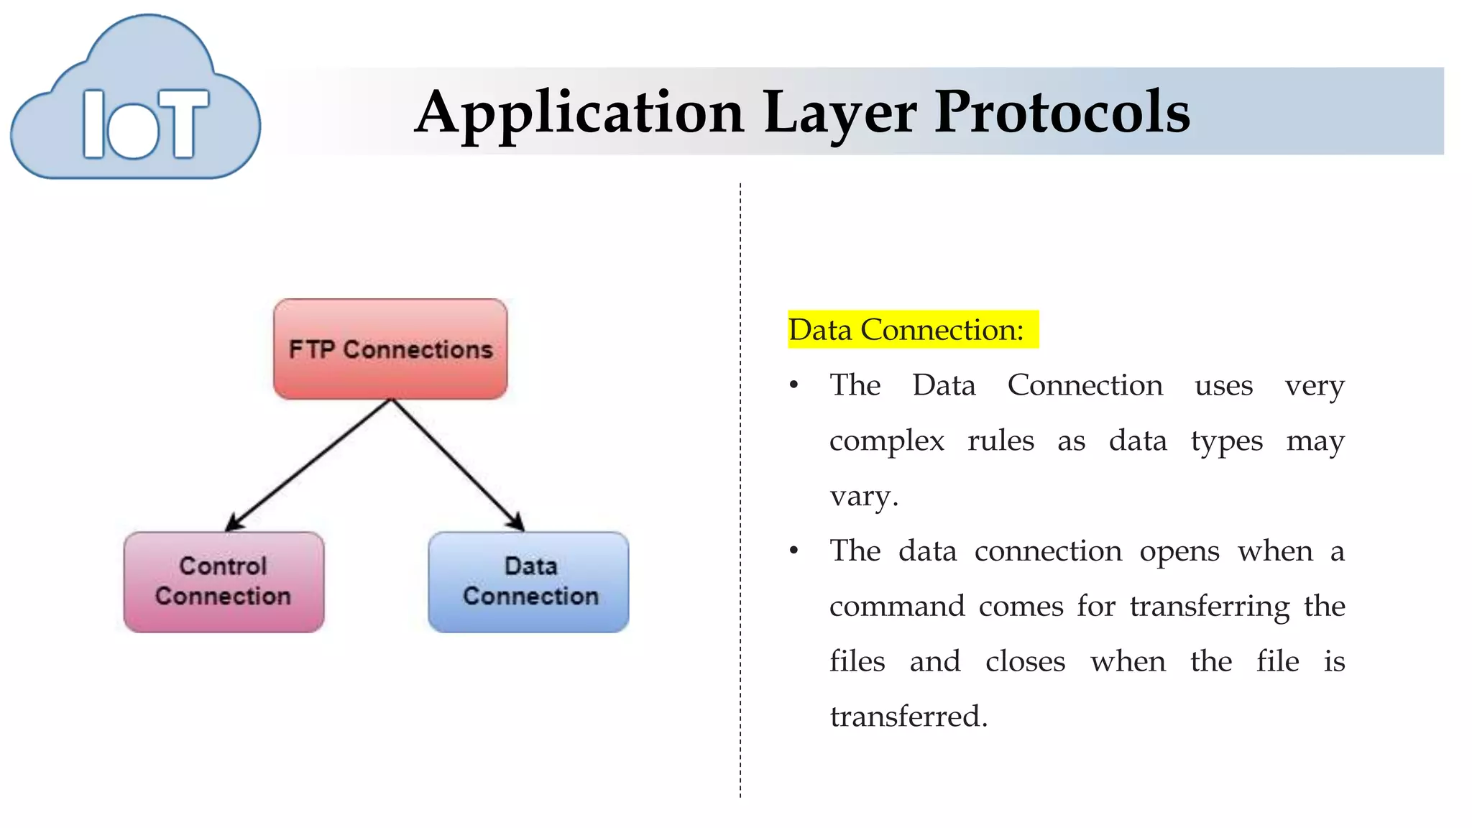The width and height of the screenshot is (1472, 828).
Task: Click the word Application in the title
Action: tap(579, 113)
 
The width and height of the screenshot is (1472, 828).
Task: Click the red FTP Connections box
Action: tap(390, 349)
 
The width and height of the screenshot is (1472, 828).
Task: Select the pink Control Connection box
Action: tap(224, 581)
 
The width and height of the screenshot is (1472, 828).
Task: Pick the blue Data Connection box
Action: tap(529, 581)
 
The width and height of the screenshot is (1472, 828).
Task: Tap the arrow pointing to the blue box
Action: tap(457, 466)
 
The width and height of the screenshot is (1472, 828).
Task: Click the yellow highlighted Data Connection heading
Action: tap(912, 330)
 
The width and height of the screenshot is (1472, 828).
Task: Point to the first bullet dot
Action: tap(793, 386)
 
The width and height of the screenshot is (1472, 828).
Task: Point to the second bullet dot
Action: tap(793, 551)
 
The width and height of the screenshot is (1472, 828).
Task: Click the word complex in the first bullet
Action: tap(886, 441)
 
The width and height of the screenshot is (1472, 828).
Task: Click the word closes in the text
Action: tap(1025, 661)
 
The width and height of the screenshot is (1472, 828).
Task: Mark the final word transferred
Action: tap(908, 717)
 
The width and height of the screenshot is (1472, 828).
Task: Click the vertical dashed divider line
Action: tap(740, 489)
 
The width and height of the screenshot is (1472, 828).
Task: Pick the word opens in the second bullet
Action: tap(1179, 551)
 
